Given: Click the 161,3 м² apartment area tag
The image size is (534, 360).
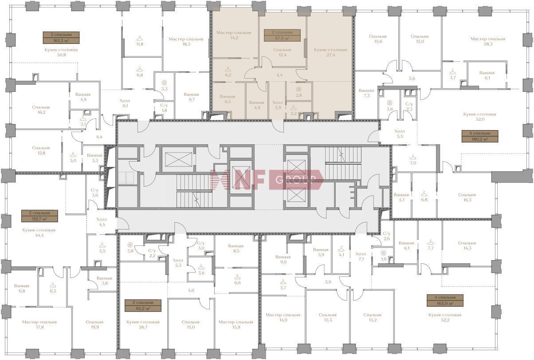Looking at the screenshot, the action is tap(61, 38).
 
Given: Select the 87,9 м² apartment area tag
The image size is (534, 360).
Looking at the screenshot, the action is tap(282, 36).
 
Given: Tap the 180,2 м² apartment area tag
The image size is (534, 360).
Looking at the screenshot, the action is tap(480, 136).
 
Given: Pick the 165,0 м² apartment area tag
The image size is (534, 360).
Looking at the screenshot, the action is tap(445, 301).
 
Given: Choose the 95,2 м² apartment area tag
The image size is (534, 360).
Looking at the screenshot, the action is tap(143, 305).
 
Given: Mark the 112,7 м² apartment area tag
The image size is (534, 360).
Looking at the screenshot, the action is tap(39, 216).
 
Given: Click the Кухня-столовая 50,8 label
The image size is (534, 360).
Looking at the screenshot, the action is tap(61, 52).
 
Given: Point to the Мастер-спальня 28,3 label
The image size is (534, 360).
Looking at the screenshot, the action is tap(488, 41).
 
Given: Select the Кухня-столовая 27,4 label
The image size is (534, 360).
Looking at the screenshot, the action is tap(330, 52).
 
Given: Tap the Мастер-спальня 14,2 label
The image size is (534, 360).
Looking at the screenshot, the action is tap(234, 35).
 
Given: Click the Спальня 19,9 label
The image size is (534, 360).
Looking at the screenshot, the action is tap(94, 324).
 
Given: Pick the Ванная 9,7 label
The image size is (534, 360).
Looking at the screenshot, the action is tap(192, 97).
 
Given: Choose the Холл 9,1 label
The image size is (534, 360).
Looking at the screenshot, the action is tap(125, 103).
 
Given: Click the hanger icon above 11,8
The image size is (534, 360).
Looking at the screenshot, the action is tap(140, 38).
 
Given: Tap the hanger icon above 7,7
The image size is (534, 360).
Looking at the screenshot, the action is tap(431, 243).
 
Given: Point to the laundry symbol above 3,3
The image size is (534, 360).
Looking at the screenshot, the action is tap(164, 83).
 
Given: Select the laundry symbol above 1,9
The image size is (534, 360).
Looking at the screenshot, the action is tap(383, 253).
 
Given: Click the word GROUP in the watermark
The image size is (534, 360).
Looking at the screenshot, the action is tap(295, 180).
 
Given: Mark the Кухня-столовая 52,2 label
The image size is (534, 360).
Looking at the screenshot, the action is tap(445, 317).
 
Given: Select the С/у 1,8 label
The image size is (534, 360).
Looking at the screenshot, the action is tap(164, 108).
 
